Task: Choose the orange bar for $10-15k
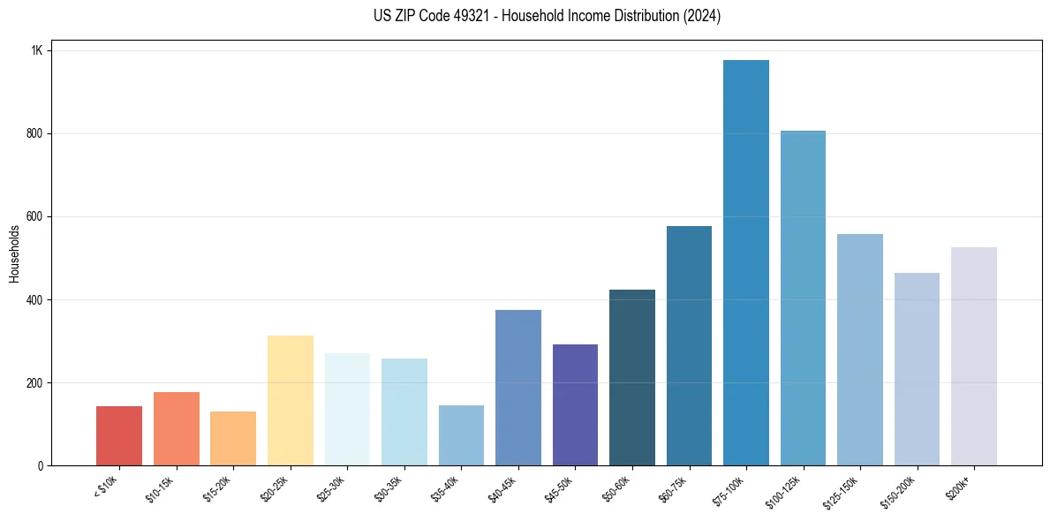click(x=176, y=428)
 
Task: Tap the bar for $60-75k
click(x=689, y=345)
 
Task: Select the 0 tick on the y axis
click(x=41, y=465)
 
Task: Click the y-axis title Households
click(x=14, y=253)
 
